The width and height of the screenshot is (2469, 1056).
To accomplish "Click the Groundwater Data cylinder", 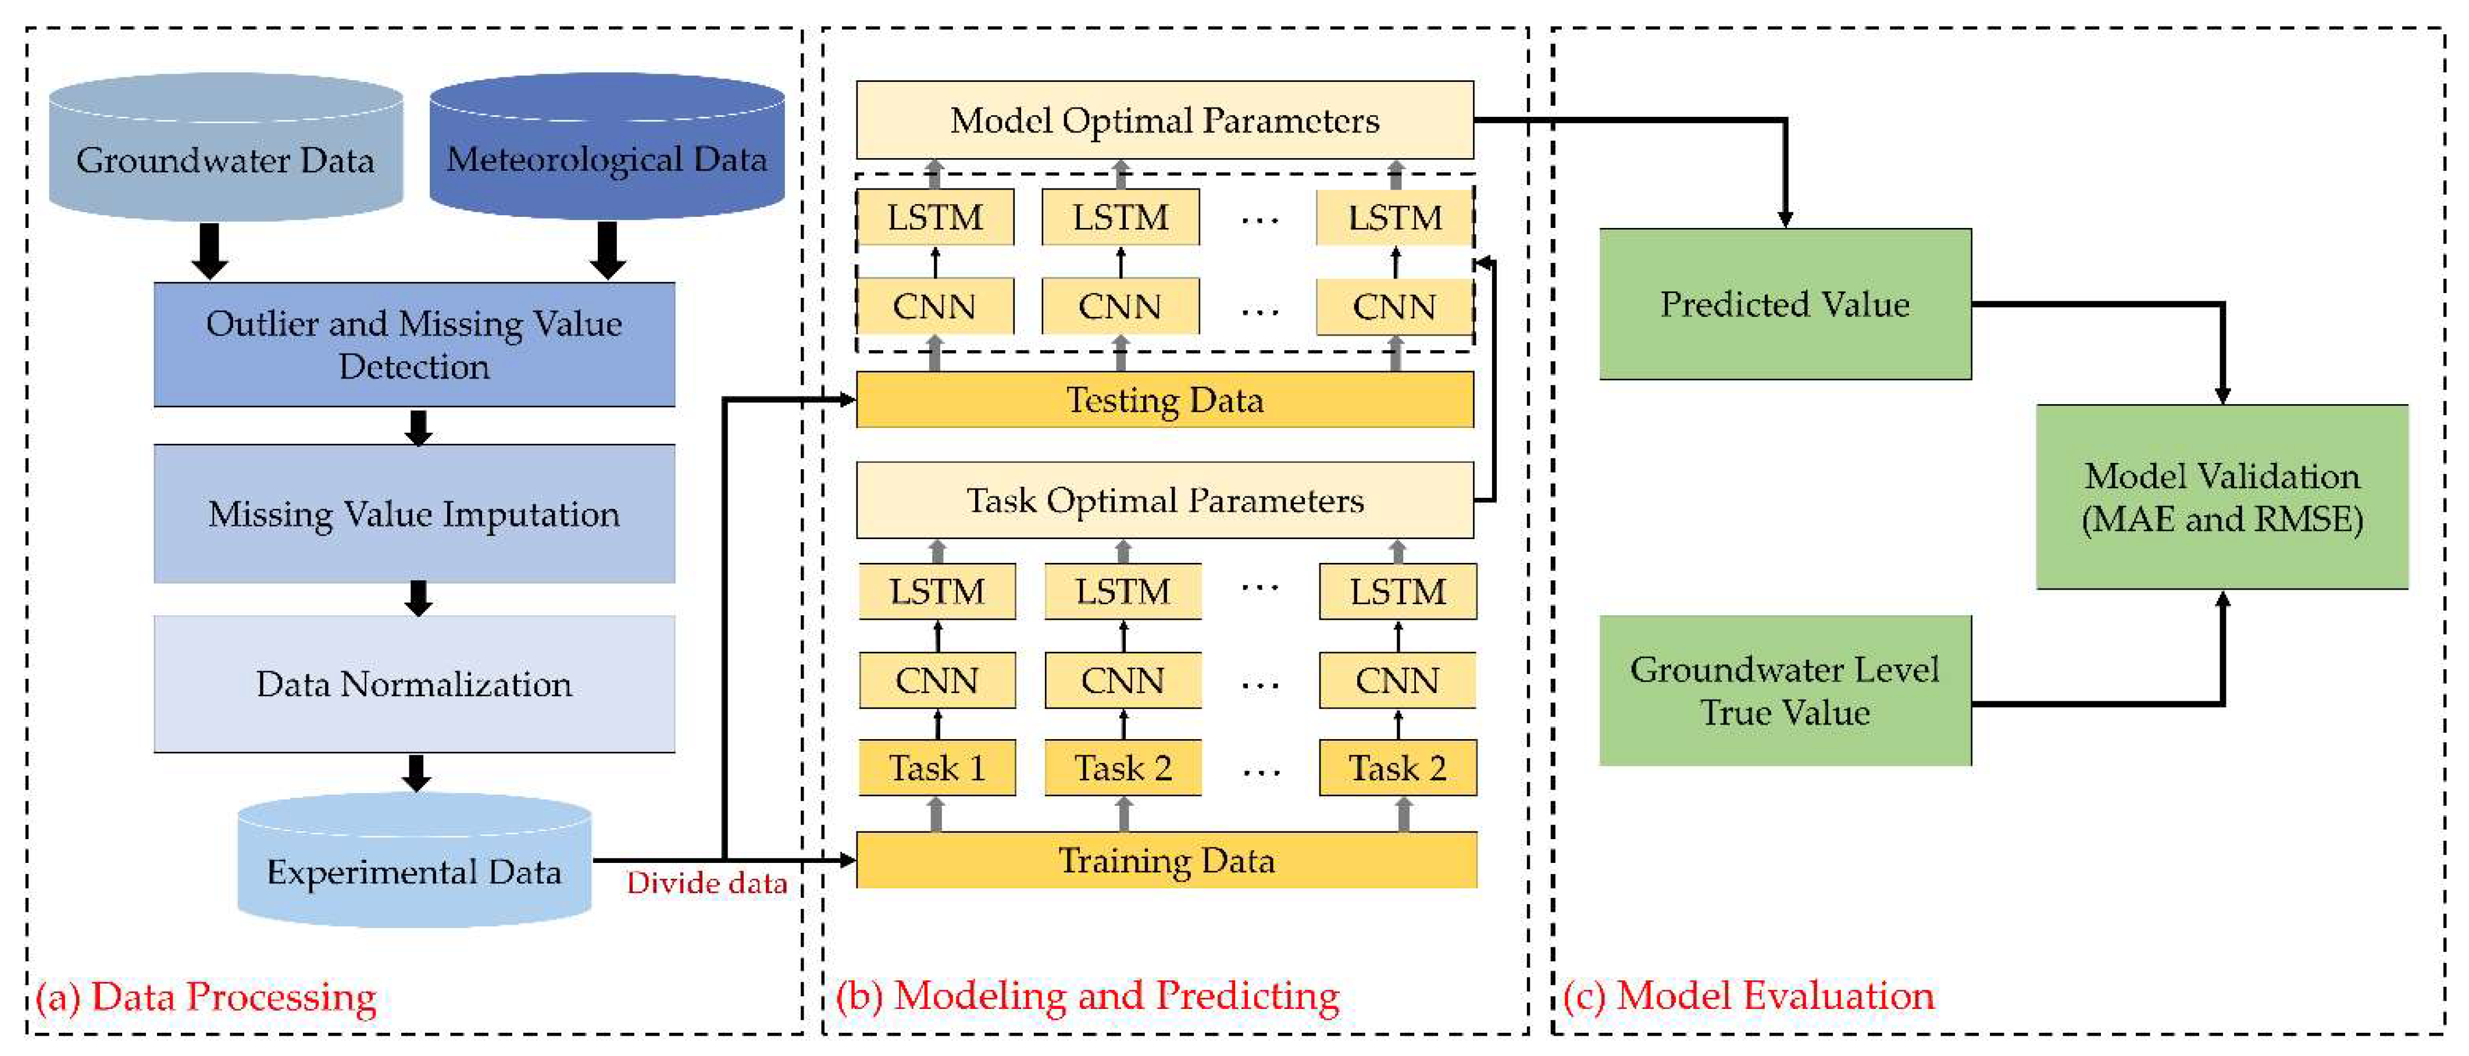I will pos(225,154).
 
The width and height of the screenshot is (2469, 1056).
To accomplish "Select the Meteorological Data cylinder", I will pos(606,154).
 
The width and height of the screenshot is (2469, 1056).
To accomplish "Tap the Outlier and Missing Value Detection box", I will pos(414,344).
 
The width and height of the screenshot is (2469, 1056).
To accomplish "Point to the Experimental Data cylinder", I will pos(414,867).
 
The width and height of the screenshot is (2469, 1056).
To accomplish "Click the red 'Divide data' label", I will pos(707,883).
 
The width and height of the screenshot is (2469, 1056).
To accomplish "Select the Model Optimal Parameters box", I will pos(1165,120).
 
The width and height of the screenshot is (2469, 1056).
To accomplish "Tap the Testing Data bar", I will pos(1165,399).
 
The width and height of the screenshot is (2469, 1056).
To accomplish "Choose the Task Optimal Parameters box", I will pos(1165,500).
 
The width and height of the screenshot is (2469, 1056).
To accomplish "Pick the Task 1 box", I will pos(936,768).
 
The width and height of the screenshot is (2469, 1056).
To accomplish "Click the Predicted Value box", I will pos(1785,304).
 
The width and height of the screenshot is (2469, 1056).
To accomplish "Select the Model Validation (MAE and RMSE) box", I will pos(2222,497).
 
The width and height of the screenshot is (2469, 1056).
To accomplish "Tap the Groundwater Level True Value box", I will pos(1785,690).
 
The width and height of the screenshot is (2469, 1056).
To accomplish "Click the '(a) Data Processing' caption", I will pos(206,997).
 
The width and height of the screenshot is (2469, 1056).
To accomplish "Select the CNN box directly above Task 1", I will pos(936,680).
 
